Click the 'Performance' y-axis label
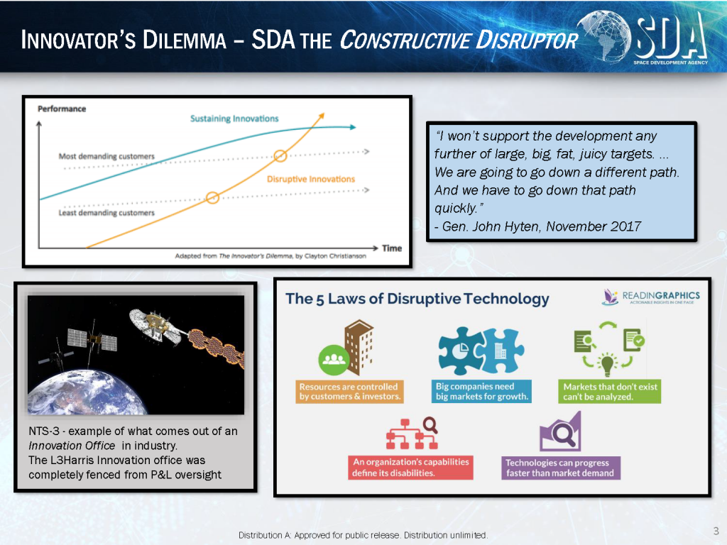[x=62, y=109]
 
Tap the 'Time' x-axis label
[x=392, y=248]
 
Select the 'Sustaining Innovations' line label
[x=234, y=119]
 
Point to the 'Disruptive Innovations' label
[x=311, y=179]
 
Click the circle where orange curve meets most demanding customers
[x=280, y=155]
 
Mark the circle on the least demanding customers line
[x=212, y=198]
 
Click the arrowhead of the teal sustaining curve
[x=353, y=127]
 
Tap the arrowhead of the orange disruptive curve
[x=322, y=116]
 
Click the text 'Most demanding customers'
[x=106, y=156]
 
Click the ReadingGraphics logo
[x=650, y=297]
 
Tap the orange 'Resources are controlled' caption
[x=349, y=392]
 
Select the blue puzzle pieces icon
[x=481, y=351]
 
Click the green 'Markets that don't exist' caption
[x=610, y=392]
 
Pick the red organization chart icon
[x=412, y=434]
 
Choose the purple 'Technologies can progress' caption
[x=561, y=468]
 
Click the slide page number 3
[x=716, y=531]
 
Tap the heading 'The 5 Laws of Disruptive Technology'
[x=417, y=299]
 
